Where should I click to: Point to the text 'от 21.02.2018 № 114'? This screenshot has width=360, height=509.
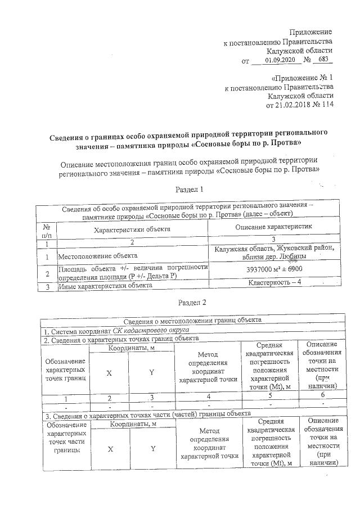[295, 105]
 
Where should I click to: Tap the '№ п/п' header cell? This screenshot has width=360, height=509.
[47, 230]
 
